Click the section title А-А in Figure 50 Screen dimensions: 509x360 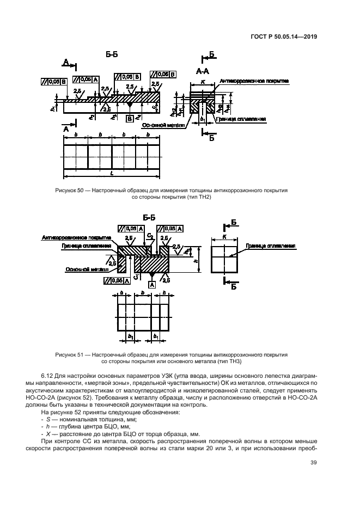click(x=202, y=71)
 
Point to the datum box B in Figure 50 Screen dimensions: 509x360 click(x=130, y=118)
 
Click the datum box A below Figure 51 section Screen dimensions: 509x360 click(x=151, y=285)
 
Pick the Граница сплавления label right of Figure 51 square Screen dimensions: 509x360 click(x=271, y=246)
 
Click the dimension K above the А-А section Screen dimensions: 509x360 click(x=203, y=80)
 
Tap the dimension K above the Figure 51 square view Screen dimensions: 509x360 click(x=224, y=237)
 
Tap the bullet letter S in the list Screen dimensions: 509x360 click(x=48, y=419)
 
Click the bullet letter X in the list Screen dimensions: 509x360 click(x=48, y=433)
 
